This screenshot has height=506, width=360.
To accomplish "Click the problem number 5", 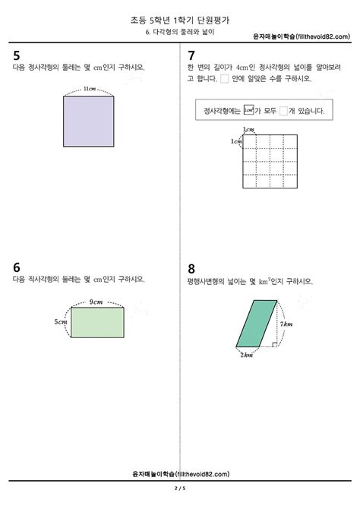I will click(x=17, y=55).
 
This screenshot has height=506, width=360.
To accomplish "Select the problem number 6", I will click(x=17, y=267).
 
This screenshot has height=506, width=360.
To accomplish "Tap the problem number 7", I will click(x=191, y=55).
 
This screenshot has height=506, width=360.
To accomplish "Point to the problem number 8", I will click(x=191, y=268).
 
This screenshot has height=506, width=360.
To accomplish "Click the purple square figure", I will click(x=90, y=119).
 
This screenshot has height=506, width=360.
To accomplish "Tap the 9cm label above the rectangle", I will click(x=96, y=302).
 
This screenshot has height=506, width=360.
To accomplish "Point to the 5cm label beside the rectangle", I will click(x=60, y=321).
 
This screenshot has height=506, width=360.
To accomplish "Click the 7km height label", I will click(x=286, y=324).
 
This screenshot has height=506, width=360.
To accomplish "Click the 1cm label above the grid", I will click(x=248, y=130).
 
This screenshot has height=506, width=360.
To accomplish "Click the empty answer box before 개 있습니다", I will click(x=283, y=111).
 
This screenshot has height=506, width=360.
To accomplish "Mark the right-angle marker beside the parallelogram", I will click(x=273, y=344).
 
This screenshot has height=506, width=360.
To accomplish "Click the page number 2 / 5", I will click(x=179, y=487).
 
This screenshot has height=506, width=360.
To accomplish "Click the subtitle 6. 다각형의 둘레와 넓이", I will click(x=180, y=35).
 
